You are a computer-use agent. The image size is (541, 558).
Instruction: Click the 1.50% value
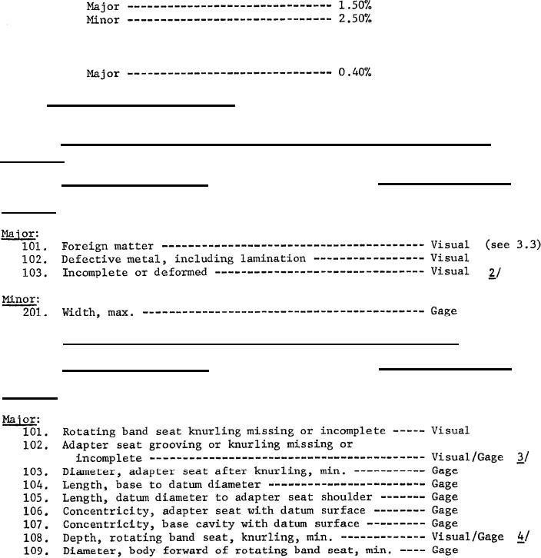pos(354,6)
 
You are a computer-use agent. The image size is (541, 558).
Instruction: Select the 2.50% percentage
pos(354,19)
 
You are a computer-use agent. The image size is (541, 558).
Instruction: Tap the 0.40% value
pos(354,74)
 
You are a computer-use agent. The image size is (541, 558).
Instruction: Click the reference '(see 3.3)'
pos(513,245)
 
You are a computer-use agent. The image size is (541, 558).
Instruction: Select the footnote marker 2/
pos(493,272)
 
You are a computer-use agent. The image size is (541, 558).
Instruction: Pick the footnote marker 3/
pos(522,457)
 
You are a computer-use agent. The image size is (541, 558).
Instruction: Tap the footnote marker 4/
pos(522,536)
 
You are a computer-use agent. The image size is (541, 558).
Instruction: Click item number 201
pos(37,311)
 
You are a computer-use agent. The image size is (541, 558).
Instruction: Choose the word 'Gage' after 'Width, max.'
pos(443,311)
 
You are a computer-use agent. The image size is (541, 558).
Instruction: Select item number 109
pos(37,550)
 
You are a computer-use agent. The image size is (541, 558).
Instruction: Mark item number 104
pos(37,484)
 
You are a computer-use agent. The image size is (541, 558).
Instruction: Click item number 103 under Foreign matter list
pos(37,272)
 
